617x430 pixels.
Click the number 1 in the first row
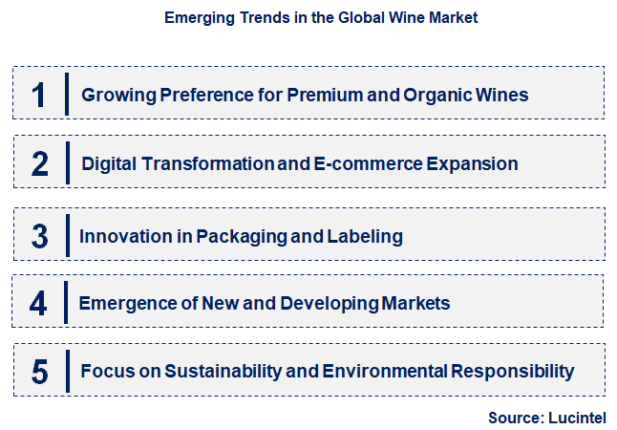click(x=38, y=95)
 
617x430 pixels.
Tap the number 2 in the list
click(x=39, y=164)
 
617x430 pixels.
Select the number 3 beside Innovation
click(x=39, y=236)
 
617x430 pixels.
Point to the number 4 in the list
click(x=38, y=304)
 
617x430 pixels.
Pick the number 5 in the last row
click(x=39, y=372)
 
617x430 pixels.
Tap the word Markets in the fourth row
click(x=415, y=304)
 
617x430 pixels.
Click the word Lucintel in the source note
click(x=577, y=417)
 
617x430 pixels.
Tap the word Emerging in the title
click(x=197, y=18)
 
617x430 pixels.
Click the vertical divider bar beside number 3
click(x=68, y=235)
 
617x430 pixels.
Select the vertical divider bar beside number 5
click(x=68, y=372)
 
